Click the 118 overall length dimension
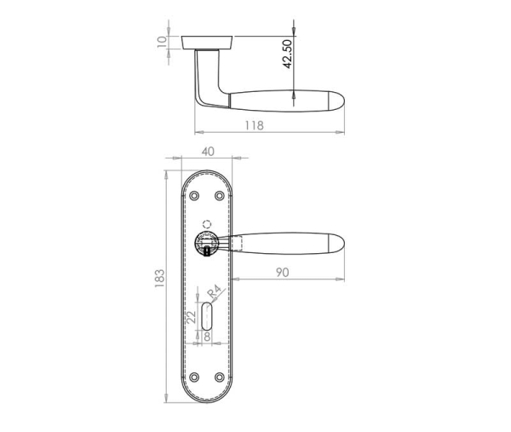254,125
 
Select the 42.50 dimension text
289,54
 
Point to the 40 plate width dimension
207,151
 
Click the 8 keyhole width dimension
207,337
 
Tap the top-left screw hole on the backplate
194,196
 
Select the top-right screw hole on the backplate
220,196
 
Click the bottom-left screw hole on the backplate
194,377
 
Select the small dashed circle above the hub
204,224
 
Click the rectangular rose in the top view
208,42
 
